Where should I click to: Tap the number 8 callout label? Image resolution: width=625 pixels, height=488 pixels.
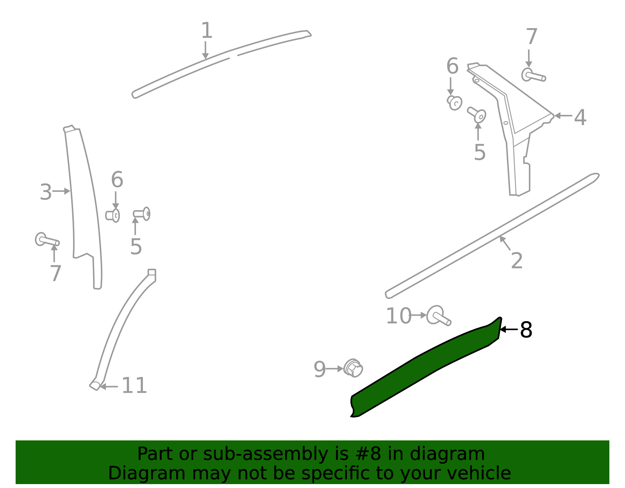[x=526, y=330]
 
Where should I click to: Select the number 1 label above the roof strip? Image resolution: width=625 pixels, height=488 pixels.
[x=206, y=30]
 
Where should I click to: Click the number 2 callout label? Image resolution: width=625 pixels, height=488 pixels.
[x=516, y=261]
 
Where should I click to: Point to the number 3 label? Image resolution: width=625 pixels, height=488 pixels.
[x=46, y=192]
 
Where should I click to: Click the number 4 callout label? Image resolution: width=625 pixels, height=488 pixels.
[x=580, y=117]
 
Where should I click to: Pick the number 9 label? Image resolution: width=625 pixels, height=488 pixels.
[x=320, y=369]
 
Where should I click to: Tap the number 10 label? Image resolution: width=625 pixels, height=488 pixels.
[x=398, y=316]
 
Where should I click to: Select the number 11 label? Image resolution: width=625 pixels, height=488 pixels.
[x=134, y=386]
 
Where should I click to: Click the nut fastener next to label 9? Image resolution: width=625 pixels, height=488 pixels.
[x=354, y=368]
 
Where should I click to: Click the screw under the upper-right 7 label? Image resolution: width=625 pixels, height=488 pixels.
[x=533, y=75]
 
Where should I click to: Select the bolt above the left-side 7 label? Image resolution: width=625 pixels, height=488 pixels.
[x=46, y=240]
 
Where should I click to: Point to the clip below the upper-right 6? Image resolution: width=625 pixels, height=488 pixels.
[x=455, y=102]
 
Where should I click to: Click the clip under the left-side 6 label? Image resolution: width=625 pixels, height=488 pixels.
[x=113, y=215]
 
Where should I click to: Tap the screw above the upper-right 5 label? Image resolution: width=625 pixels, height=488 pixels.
[x=477, y=114]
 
